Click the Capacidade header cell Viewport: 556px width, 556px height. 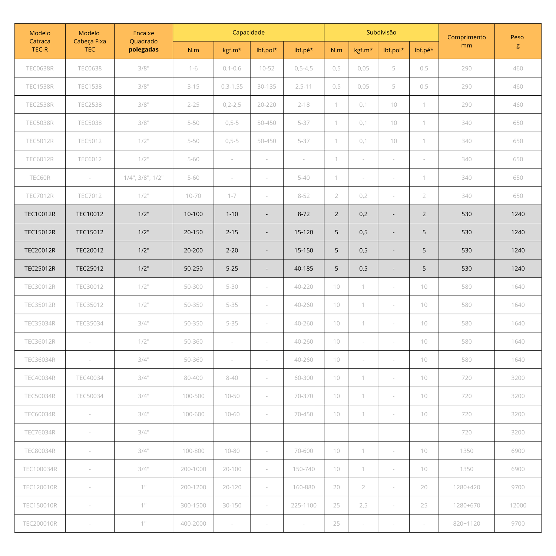[x=248, y=32]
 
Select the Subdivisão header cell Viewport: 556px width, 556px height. [x=381, y=32]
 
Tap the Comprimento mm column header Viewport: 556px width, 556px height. [x=466, y=41]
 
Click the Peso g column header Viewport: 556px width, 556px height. [x=517, y=41]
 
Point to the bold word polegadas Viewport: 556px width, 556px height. [x=143, y=50]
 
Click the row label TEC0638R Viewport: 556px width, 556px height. [x=40, y=68]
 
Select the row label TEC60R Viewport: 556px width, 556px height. [x=40, y=178]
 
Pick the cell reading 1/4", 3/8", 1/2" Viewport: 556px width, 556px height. [x=143, y=178]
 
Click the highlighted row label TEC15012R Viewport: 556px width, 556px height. [x=40, y=232]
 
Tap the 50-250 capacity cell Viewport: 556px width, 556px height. [x=193, y=268]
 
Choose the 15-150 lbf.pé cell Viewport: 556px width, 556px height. [x=304, y=250]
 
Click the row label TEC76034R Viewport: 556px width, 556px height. [x=40, y=432]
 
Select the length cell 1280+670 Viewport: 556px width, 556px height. [x=466, y=505]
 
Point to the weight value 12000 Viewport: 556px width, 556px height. [x=517, y=505]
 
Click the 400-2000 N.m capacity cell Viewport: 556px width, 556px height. [x=193, y=523]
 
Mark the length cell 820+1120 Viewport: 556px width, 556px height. [x=466, y=523]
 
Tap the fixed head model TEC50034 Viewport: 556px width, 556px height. [x=90, y=396]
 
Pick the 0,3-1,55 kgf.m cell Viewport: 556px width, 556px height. [x=232, y=86]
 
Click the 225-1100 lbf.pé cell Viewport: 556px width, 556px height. [x=304, y=505]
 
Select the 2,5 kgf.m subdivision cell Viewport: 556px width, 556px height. [x=363, y=505]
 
